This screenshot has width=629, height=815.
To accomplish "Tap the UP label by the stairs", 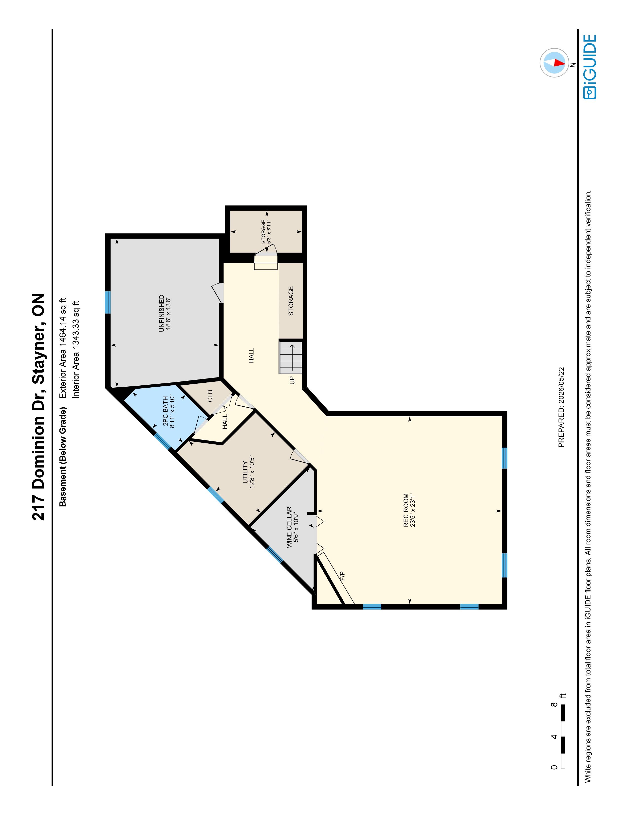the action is click(x=292, y=380).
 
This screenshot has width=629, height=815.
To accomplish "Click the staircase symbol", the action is click(x=291, y=357).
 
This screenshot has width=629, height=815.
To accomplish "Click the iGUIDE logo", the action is click(x=590, y=67).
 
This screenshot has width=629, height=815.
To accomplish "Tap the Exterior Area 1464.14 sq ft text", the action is click(x=63, y=348).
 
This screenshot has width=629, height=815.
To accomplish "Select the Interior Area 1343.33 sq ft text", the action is click(x=76, y=349).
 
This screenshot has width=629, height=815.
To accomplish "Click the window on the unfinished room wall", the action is click(x=108, y=302).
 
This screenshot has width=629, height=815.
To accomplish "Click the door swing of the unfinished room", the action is click(x=218, y=293).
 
